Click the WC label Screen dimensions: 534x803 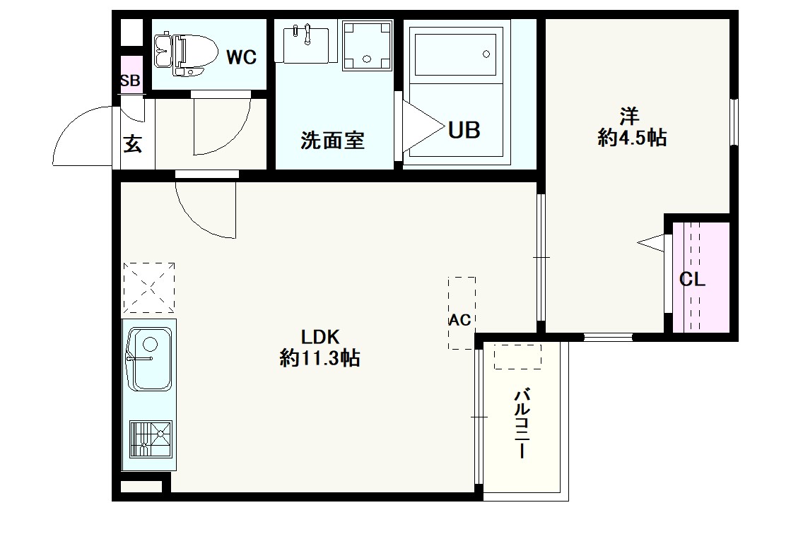click(241, 57)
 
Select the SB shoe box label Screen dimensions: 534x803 click(129, 81)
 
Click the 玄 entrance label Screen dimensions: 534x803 click(132, 143)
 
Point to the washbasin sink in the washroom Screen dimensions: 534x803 click(305, 43)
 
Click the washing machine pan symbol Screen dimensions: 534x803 click(366, 45)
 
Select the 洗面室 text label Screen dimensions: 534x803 click(332, 141)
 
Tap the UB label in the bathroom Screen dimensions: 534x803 click(464, 130)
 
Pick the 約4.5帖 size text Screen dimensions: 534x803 click(631, 138)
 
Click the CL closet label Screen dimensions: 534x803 click(692, 280)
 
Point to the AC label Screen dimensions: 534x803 click(460, 320)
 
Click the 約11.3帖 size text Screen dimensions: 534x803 click(320, 359)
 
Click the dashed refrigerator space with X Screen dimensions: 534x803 click(148, 287)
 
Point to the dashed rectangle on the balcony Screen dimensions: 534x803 click(517, 357)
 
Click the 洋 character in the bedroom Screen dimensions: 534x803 click(631, 115)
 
